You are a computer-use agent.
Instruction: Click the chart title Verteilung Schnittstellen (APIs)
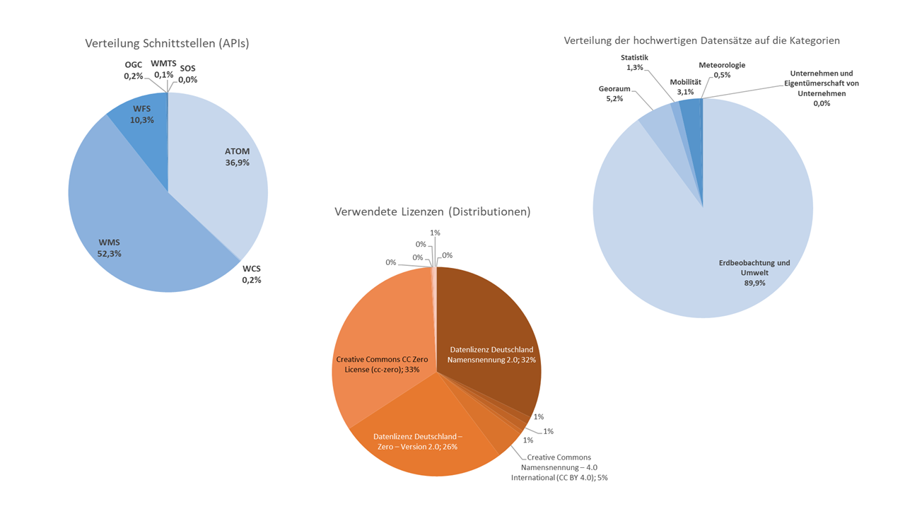167,43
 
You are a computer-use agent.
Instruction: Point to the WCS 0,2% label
252,274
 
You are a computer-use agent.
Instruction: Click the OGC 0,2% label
134,70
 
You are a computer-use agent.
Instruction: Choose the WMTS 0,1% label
163,69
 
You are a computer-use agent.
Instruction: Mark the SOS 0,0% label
187,74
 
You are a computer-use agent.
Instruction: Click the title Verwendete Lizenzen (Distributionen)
433,211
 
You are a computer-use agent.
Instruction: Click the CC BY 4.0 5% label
559,467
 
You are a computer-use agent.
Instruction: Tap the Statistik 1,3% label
634,62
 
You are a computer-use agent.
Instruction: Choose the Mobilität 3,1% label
685,87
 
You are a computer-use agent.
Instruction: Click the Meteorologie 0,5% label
721,70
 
